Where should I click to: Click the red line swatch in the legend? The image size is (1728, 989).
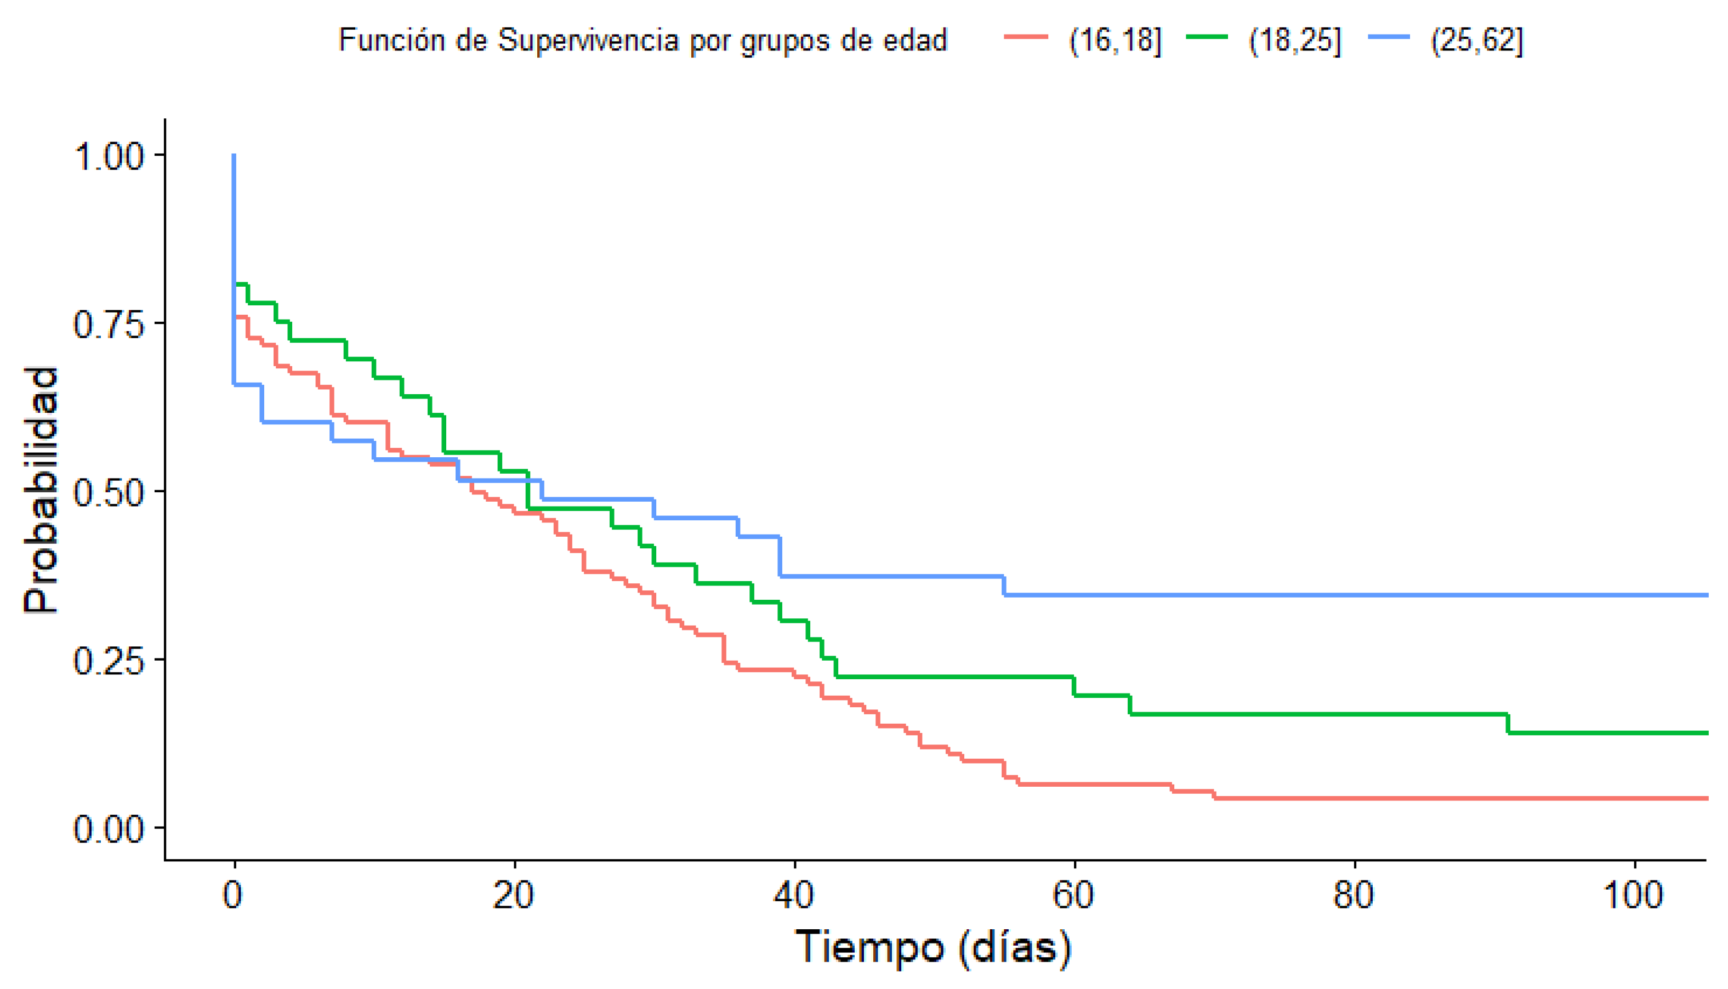[x=1026, y=37]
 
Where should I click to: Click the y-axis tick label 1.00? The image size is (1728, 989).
[x=109, y=156]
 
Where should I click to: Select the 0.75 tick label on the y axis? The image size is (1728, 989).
[x=109, y=324]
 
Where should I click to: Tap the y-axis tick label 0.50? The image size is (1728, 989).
[x=109, y=492]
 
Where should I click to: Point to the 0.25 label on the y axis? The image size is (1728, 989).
[x=109, y=660]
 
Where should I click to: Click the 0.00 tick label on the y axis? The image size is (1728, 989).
[x=109, y=829]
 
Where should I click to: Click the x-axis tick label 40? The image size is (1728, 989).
[x=793, y=895]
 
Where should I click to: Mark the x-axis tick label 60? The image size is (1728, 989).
[x=1073, y=895]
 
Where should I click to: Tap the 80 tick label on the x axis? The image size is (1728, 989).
[x=1354, y=895]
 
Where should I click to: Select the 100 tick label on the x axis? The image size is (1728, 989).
[x=1634, y=895]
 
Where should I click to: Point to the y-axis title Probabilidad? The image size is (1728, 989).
[x=41, y=491]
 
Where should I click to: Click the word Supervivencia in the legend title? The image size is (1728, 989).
[x=588, y=41]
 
